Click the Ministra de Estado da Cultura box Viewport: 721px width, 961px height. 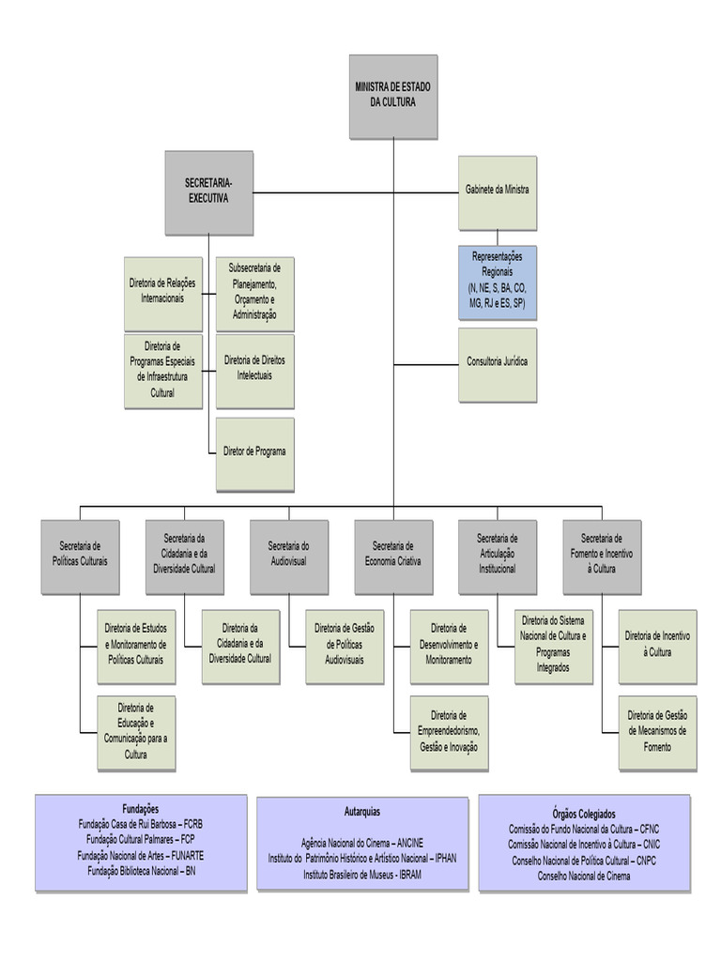coord(392,96)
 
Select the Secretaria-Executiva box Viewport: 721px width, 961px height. coord(208,192)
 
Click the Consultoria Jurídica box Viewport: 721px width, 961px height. coord(498,364)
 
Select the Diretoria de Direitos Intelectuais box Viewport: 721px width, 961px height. coord(254,370)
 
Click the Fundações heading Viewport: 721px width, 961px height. coord(141,809)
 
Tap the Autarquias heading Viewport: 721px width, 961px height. coord(362,811)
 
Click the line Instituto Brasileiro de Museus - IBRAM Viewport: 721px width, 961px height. coord(362,874)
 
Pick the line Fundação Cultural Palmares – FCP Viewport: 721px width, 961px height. coord(141,840)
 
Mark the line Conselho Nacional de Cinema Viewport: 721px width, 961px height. coord(584,876)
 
